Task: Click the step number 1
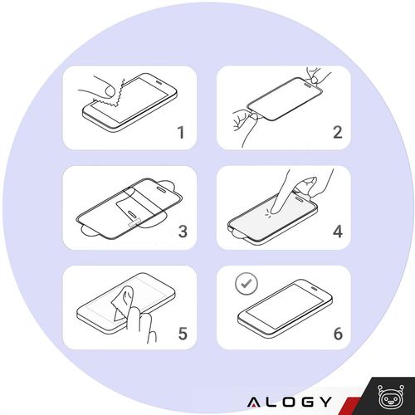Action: tap(181, 132)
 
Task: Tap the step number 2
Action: tap(338, 132)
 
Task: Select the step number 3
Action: tap(183, 232)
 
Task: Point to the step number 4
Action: tap(338, 232)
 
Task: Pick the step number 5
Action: tap(183, 334)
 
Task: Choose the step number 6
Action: tap(338, 334)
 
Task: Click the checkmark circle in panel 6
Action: tap(247, 283)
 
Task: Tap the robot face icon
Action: tap(391, 397)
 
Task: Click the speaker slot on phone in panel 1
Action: tap(159, 82)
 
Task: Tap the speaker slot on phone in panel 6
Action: tap(314, 289)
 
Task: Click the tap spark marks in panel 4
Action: tap(268, 213)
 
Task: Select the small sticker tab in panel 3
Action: tap(134, 222)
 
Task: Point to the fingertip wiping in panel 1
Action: tap(110, 90)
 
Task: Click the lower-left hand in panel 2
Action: tap(246, 123)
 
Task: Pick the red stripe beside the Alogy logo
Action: tap(349, 406)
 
